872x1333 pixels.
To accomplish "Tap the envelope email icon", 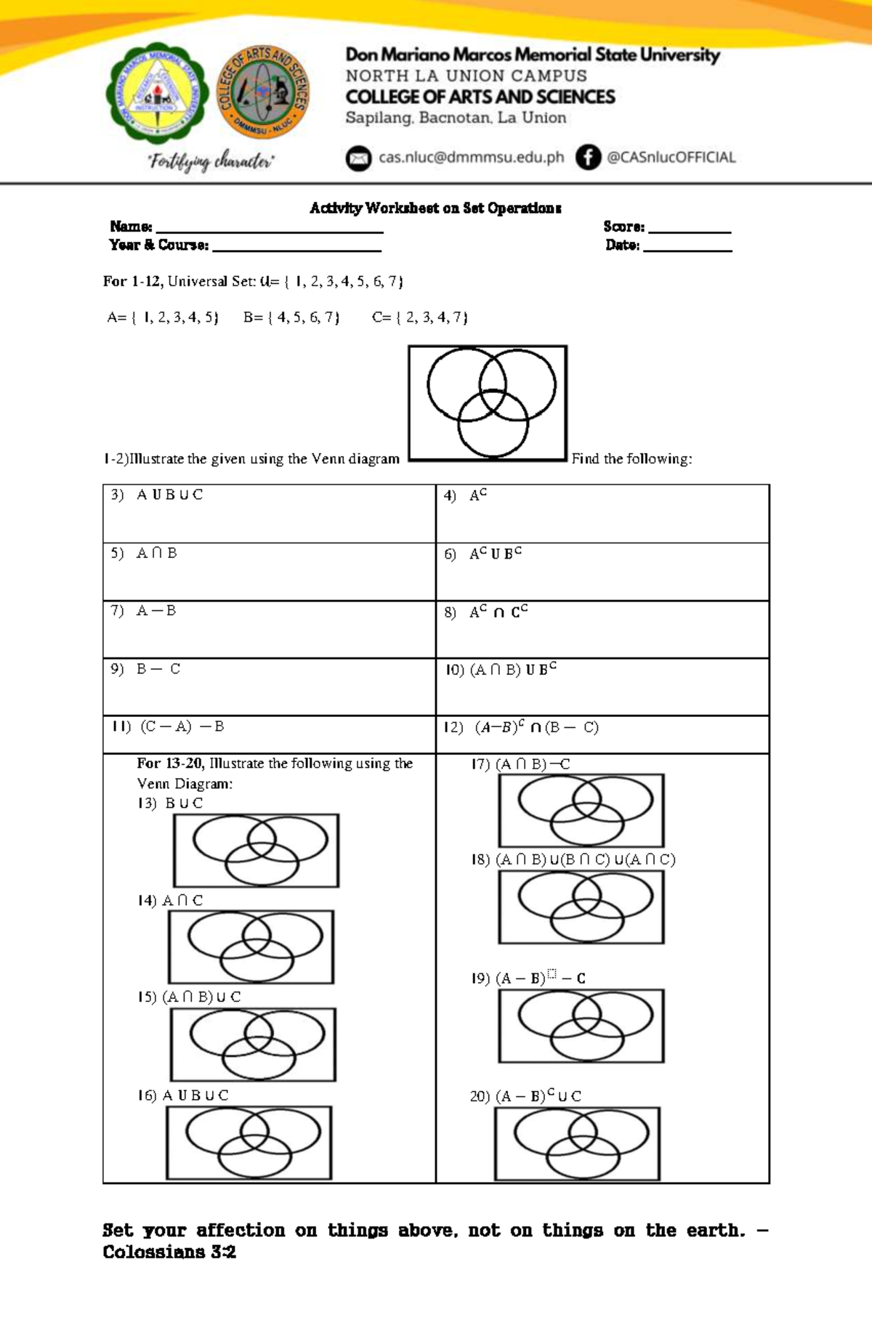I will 358,158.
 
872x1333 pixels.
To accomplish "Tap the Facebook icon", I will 588,157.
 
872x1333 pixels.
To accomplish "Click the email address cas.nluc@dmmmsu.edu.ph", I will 471,158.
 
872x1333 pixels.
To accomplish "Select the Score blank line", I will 689,230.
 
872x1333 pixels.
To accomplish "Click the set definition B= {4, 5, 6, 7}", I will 291,317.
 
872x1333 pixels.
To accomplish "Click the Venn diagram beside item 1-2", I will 488,403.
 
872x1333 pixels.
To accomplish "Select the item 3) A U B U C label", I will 158,495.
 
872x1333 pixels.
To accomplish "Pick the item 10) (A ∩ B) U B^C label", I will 501,669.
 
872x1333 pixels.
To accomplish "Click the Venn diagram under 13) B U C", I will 256,850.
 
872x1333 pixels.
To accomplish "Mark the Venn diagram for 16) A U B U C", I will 249,1143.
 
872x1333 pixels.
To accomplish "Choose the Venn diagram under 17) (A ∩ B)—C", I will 581,810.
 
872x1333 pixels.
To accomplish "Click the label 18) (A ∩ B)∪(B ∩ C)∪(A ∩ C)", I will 573,859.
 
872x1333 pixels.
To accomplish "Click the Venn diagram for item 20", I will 578,1144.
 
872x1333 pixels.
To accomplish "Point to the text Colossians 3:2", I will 169,1252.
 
